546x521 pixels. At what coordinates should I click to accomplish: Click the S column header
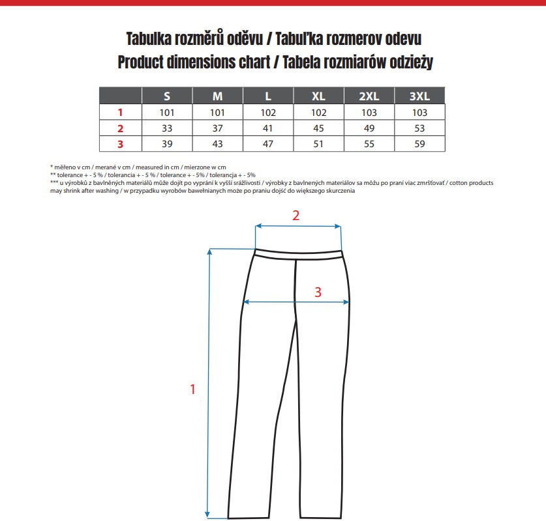coord(167,96)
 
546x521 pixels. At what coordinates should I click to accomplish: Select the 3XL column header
coord(419,96)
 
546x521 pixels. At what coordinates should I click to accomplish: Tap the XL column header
coord(318,96)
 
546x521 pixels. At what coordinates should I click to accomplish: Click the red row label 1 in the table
coord(120,112)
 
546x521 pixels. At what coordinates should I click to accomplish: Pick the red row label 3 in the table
coord(120,144)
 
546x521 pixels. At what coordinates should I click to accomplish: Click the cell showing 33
coord(167,128)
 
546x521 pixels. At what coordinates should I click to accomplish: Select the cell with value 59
coord(419,144)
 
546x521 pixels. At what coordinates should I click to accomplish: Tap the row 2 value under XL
coord(318,128)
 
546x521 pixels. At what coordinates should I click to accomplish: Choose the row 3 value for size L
coord(268,144)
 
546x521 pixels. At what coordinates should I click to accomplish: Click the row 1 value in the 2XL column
coord(369,112)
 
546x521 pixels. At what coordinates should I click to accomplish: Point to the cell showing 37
coord(218,128)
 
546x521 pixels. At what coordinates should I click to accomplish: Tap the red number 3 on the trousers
coord(318,292)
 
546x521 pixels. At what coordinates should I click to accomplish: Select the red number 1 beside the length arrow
coord(192,389)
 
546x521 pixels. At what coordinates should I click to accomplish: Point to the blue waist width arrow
coord(297,226)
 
